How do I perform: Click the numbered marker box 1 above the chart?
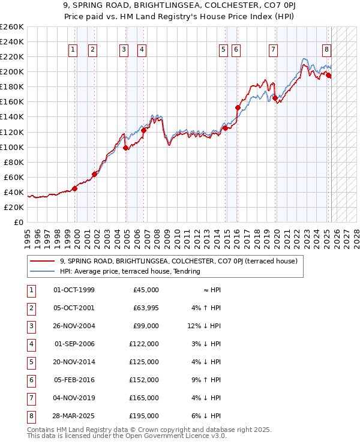(73, 50)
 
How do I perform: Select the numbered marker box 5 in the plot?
(223, 50)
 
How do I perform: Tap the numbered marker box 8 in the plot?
(326, 50)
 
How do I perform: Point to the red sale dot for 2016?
(238, 108)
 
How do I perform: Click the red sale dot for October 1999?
(75, 188)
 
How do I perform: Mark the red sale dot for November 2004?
(125, 148)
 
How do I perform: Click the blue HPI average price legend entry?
(129, 271)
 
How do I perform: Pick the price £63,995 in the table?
(144, 308)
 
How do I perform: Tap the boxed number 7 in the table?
(31, 398)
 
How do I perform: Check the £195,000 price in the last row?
(144, 416)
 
